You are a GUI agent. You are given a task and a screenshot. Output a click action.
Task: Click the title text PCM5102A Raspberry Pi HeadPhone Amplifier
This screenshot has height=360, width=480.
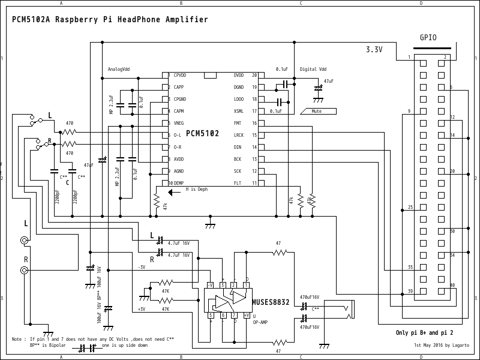click(110, 20)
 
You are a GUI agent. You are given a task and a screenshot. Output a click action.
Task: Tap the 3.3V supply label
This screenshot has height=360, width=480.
click(374, 50)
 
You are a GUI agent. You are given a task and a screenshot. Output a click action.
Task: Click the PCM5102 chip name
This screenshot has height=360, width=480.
click(202, 133)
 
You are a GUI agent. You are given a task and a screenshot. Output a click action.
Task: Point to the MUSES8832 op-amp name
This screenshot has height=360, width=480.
click(271, 303)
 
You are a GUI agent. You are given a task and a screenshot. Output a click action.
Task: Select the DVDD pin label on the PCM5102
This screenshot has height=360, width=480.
click(238, 76)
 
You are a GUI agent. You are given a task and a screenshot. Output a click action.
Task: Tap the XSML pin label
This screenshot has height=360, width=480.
click(238, 111)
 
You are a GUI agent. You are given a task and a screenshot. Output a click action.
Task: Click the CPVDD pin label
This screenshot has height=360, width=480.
click(180, 76)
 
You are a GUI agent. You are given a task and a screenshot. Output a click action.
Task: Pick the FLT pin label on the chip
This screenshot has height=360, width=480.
click(237, 183)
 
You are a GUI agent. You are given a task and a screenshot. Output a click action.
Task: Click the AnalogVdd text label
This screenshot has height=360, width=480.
click(118, 69)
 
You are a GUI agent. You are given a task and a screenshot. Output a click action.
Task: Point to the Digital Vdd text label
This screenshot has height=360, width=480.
click(313, 69)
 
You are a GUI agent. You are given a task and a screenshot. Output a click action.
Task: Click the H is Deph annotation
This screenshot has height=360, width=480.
click(196, 189)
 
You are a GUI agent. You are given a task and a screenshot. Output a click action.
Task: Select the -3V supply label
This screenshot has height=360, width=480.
click(142, 266)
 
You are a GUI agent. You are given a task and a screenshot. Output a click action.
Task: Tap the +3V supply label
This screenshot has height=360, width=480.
click(142, 309)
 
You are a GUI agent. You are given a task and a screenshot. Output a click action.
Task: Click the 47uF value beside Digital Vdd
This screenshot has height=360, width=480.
click(329, 80)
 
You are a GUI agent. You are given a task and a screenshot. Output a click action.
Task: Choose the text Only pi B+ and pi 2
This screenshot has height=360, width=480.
click(424, 332)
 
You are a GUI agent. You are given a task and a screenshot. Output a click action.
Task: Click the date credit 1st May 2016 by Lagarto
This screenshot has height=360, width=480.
click(442, 346)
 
